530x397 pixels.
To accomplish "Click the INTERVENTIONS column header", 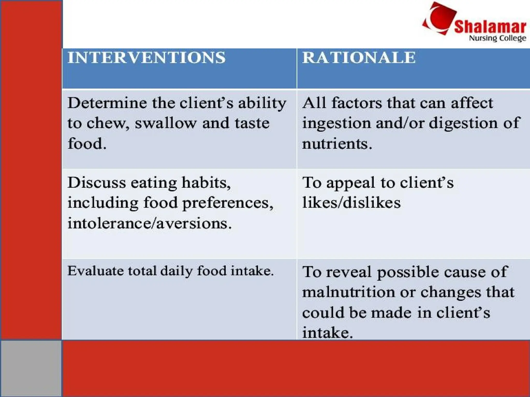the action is [146, 57].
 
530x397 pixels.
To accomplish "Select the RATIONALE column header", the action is [359, 57].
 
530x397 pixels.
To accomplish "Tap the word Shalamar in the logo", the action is [490, 27].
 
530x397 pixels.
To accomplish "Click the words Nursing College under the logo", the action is [497, 38].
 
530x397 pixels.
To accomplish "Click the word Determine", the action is [107, 103].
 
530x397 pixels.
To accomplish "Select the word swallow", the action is [166, 123].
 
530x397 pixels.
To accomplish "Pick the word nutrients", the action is [337, 144].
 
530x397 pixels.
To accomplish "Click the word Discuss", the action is [97, 182].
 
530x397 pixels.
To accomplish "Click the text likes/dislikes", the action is [351, 202].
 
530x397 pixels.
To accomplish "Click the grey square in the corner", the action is [31, 369].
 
